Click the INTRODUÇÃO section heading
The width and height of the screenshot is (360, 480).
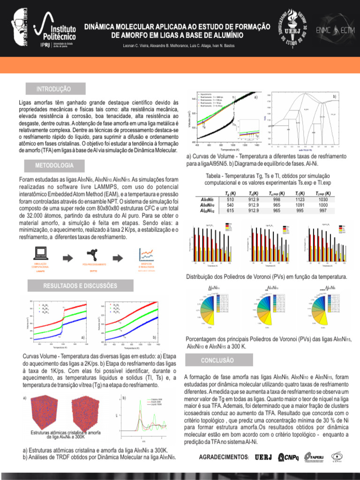click(54, 89)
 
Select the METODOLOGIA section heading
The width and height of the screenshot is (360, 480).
click(54, 165)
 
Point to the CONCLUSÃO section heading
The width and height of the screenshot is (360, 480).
click(217, 360)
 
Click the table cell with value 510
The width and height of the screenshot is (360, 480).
click(230, 199)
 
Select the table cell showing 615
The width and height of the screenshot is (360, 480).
click(230, 210)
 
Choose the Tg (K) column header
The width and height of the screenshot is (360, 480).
click(230, 193)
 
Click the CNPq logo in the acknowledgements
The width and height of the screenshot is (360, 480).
click(288, 457)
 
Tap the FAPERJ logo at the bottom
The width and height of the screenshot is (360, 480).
click(313, 457)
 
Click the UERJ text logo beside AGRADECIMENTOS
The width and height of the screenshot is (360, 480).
click(263, 457)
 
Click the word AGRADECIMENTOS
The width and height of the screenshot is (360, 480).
click(224, 457)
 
